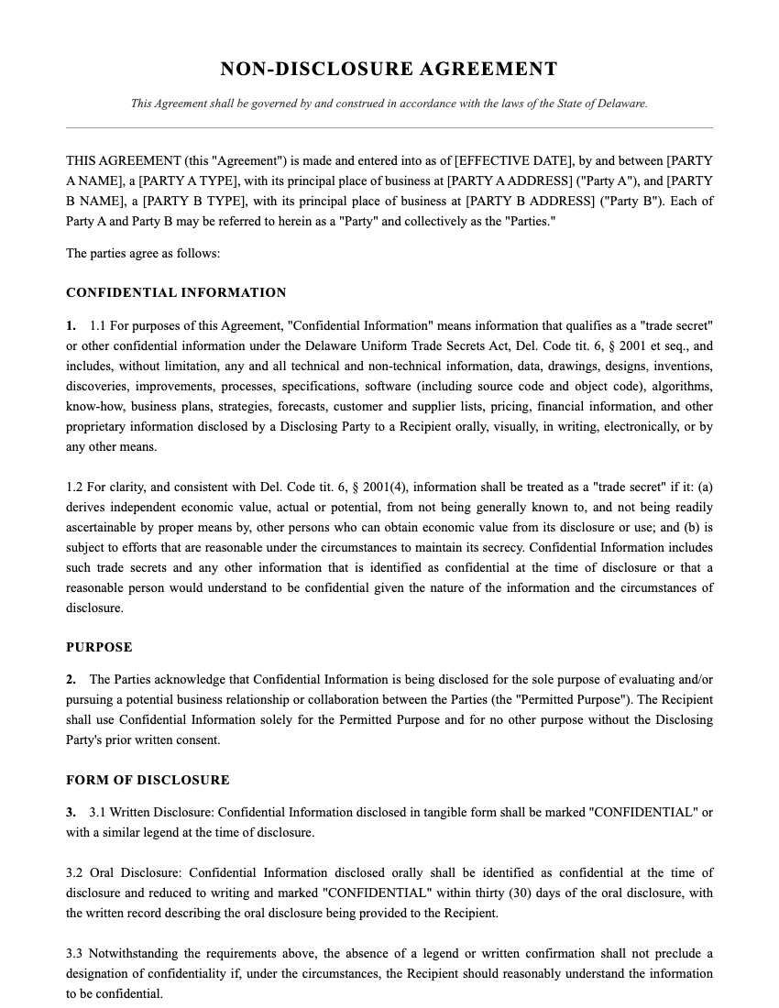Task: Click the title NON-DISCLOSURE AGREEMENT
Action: click(389, 69)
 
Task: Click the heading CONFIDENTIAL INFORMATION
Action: click(176, 292)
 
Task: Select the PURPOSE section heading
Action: click(99, 647)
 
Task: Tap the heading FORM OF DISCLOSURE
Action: click(148, 780)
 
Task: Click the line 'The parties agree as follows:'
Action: click(143, 253)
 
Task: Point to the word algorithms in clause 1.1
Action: click(680, 386)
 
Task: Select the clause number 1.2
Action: click(74, 487)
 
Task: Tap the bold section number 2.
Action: click(71, 679)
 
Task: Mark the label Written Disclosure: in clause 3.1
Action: click(161, 813)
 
